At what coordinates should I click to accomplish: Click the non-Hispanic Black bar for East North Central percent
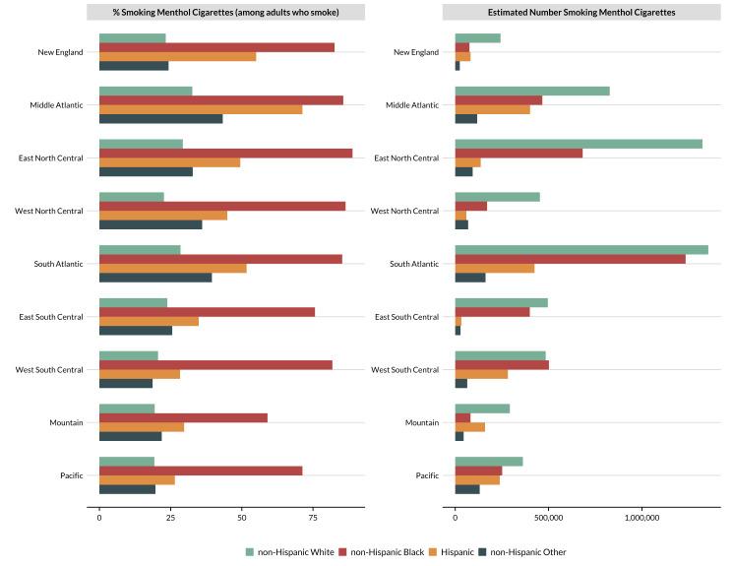coord(225,153)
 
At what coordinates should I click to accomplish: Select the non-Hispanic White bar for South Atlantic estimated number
coord(580,249)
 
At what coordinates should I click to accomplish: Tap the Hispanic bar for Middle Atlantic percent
coord(201,108)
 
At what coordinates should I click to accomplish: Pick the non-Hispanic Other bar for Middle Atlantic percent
coord(160,119)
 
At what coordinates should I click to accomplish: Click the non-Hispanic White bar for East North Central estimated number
coord(578,144)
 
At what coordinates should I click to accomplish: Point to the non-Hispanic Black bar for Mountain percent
coord(183,417)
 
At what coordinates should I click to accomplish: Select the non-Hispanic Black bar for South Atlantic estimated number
coord(570,259)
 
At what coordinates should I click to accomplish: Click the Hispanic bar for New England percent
coord(177,56)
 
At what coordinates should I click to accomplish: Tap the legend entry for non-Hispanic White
coord(291,552)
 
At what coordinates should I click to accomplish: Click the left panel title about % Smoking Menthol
coord(226,12)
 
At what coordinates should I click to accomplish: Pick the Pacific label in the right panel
coord(427,475)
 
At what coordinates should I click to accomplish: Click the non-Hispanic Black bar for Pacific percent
coord(201,471)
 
